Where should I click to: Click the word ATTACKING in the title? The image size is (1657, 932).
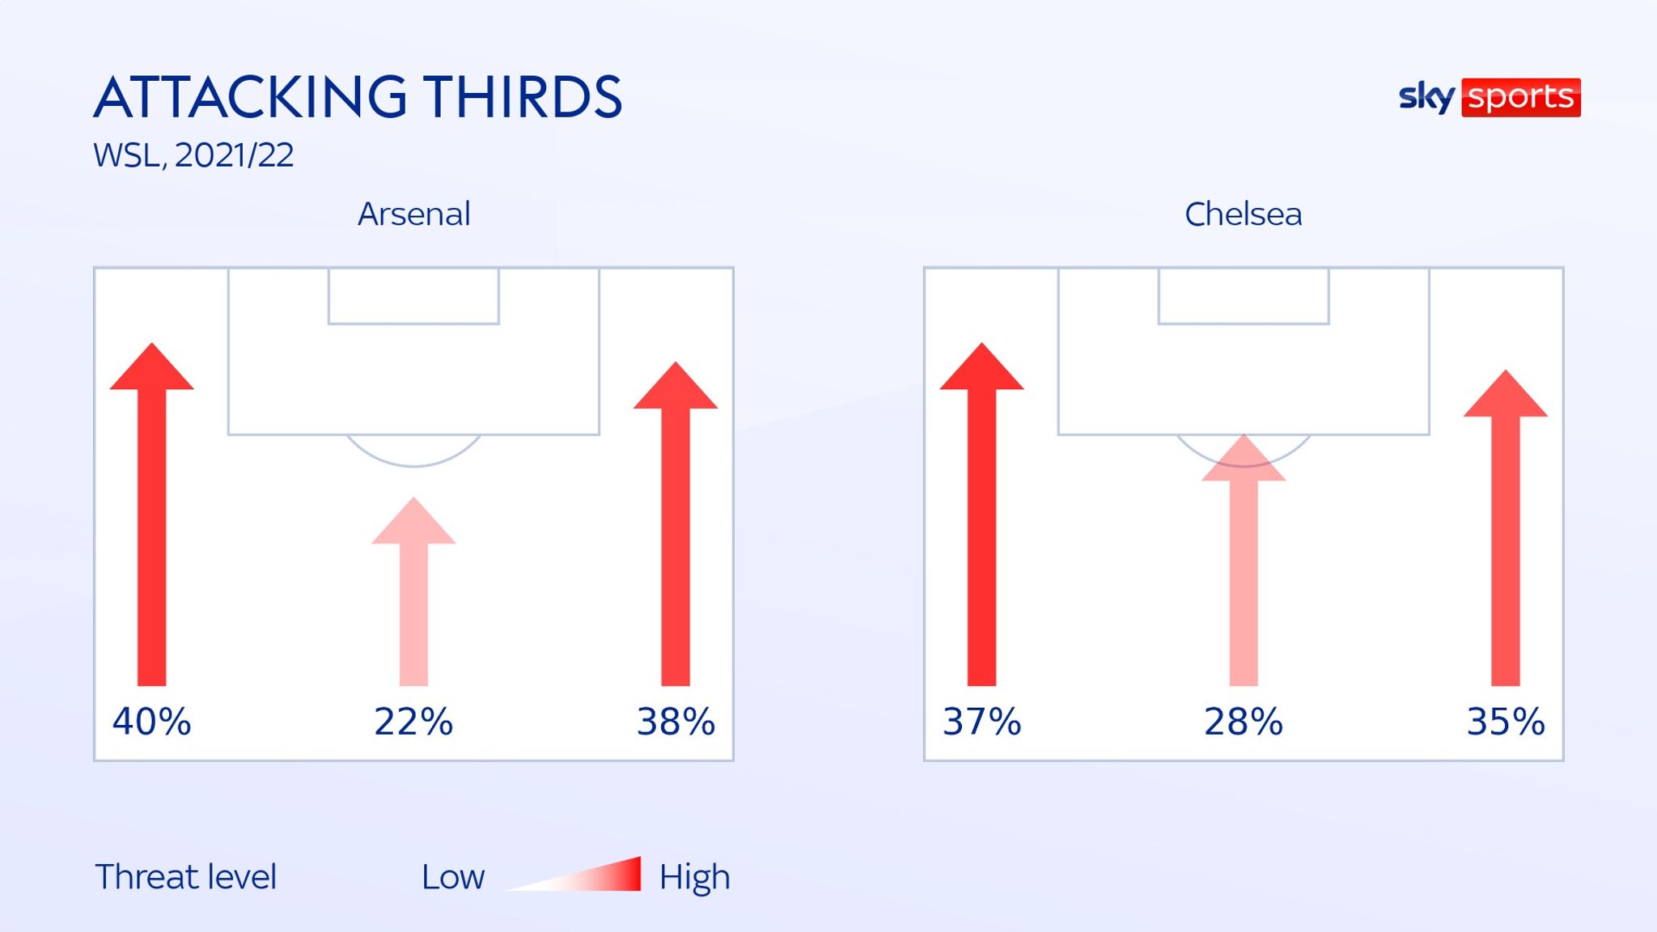point(251,98)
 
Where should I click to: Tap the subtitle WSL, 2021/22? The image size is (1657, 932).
point(193,155)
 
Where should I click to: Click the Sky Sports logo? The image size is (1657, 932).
point(1490,98)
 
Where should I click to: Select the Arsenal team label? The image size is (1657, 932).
point(413,214)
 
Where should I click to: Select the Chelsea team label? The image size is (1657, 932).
point(1243,214)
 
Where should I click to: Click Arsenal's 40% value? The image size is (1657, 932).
point(151,721)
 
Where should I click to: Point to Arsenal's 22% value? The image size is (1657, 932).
point(413,721)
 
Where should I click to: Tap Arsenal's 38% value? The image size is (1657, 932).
point(676,721)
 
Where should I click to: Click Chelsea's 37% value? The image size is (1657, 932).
point(981,721)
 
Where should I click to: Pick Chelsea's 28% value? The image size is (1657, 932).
point(1244,721)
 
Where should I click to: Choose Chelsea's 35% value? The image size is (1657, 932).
point(1506,721)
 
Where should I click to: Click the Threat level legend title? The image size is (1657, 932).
point(185,877)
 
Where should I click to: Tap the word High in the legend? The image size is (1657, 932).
point(694,877)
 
